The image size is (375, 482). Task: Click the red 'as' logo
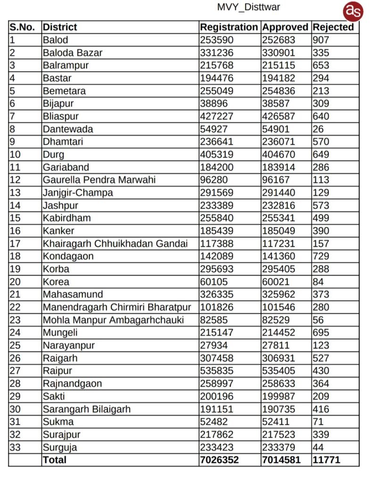tap(353, 11)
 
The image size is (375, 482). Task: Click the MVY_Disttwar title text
tap(248, 7)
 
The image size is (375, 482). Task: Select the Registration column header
tap(229, 27)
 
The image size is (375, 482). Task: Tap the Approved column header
tap(285, 27)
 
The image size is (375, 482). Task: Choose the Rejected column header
tap(333, 27)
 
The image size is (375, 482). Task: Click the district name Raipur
tap(57, 371)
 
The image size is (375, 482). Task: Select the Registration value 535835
tap(217, 371)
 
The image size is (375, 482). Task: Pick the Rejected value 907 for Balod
tap(321, 40)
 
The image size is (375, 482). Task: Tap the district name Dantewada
tap(68, 129)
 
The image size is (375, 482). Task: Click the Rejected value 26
tap(318, 129)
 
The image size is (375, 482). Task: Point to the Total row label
tap(55, 460)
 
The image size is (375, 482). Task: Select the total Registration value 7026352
tap(220, 460)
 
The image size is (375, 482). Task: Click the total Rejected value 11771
tap(326, 460)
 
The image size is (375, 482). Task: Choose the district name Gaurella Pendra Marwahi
tap(99, 180)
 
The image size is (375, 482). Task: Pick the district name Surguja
tap(60, 447)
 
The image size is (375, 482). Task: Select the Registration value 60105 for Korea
tap(214, 282)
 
